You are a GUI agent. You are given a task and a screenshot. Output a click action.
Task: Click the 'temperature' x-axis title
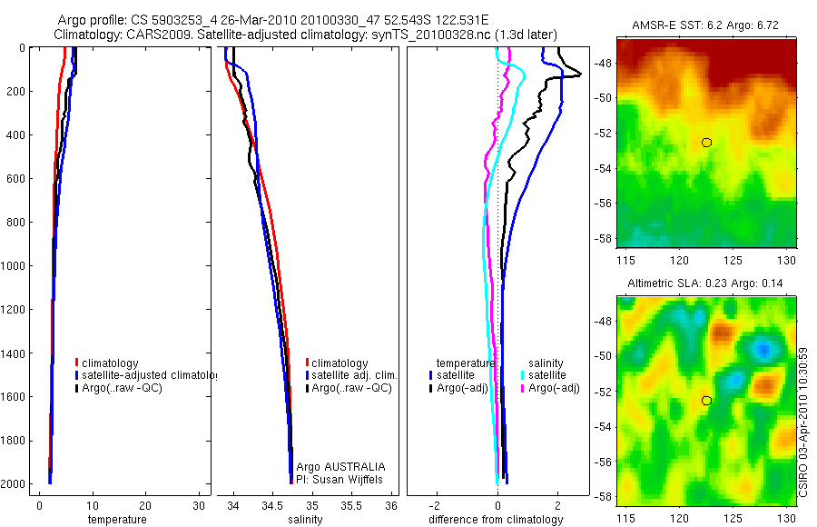tap(116, 520)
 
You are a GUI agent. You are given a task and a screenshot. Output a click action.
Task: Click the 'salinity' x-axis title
tap(305, 520)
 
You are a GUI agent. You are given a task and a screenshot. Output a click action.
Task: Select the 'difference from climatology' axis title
tap(496, 520)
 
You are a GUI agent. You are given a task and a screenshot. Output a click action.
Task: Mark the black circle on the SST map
tap(706, 143)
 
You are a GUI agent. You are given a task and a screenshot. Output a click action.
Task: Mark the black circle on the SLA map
tap(706, 401)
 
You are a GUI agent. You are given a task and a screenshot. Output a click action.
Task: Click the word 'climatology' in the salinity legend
tap(340, 363)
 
